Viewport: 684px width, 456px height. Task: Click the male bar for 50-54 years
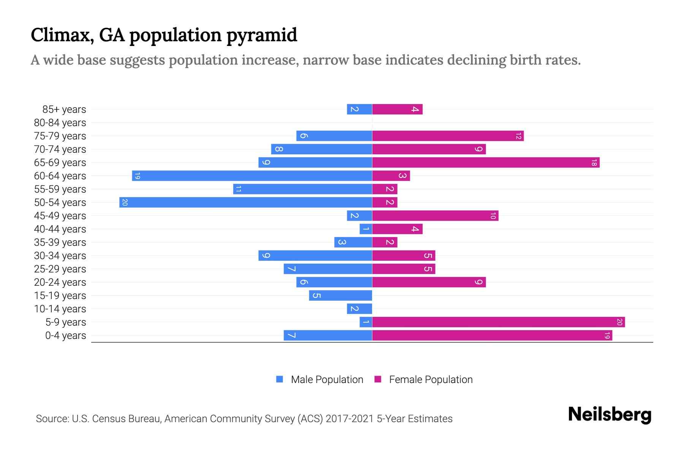pyautogui.click(x=245, y=202)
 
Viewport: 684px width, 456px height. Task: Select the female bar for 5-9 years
pyautogui.click(x=498, y=322)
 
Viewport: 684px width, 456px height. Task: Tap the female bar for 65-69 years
pyautogui.click(x=486, y=163)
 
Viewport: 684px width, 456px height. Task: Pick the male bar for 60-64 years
pyautogui.click(x=252, y=176)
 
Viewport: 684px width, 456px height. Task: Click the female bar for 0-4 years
pyautogui.click(x=492, y=336)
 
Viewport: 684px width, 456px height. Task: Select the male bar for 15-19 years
pyautogui.click(x=340, y=296)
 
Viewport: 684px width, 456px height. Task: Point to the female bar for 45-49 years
pyautogui.click(x=435, y=216)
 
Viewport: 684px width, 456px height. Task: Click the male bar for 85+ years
pyautogui.click(x=359, y=109)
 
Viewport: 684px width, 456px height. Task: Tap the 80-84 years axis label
pyautogui.click(x=60, y=123)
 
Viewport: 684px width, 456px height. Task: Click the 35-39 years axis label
pyautogui.click(x=60, y=242)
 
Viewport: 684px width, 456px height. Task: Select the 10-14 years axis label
pyautogui.click(x=60, y=309)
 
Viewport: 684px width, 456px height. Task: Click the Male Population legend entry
pyautogui.click(x=326, y=380)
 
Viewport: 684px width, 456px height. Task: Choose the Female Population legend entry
pyautogui.click(x=431, y=380)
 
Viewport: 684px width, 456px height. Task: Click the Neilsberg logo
pyautogui.click(x=610, y=415)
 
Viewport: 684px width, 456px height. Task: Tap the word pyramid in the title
pyautogui.click(x=262, y=35)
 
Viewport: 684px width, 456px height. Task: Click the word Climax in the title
pyautogui.click(x=62, y=35)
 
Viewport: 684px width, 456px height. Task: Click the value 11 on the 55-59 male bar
pyautogui.click(x=238, y=189)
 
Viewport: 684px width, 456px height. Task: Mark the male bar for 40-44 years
pyautogui.click(x=366, y=229)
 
